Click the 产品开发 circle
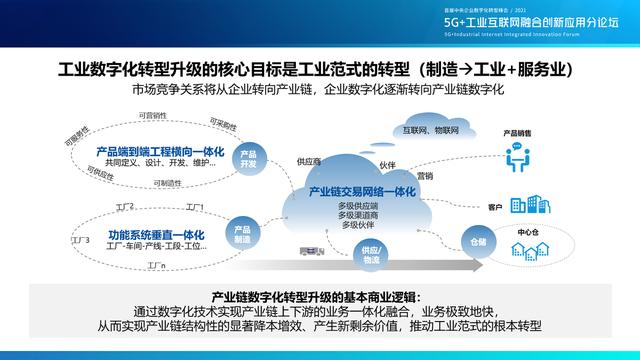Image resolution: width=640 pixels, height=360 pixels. point(249,159)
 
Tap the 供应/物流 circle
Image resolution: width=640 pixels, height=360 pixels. point(372,254)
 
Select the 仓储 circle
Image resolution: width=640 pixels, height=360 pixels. point(477,241)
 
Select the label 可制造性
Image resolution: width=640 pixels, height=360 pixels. point(169,183)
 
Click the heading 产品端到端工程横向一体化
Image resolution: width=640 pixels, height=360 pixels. point(159,151)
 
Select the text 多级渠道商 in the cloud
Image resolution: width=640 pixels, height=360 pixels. point(358,215)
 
